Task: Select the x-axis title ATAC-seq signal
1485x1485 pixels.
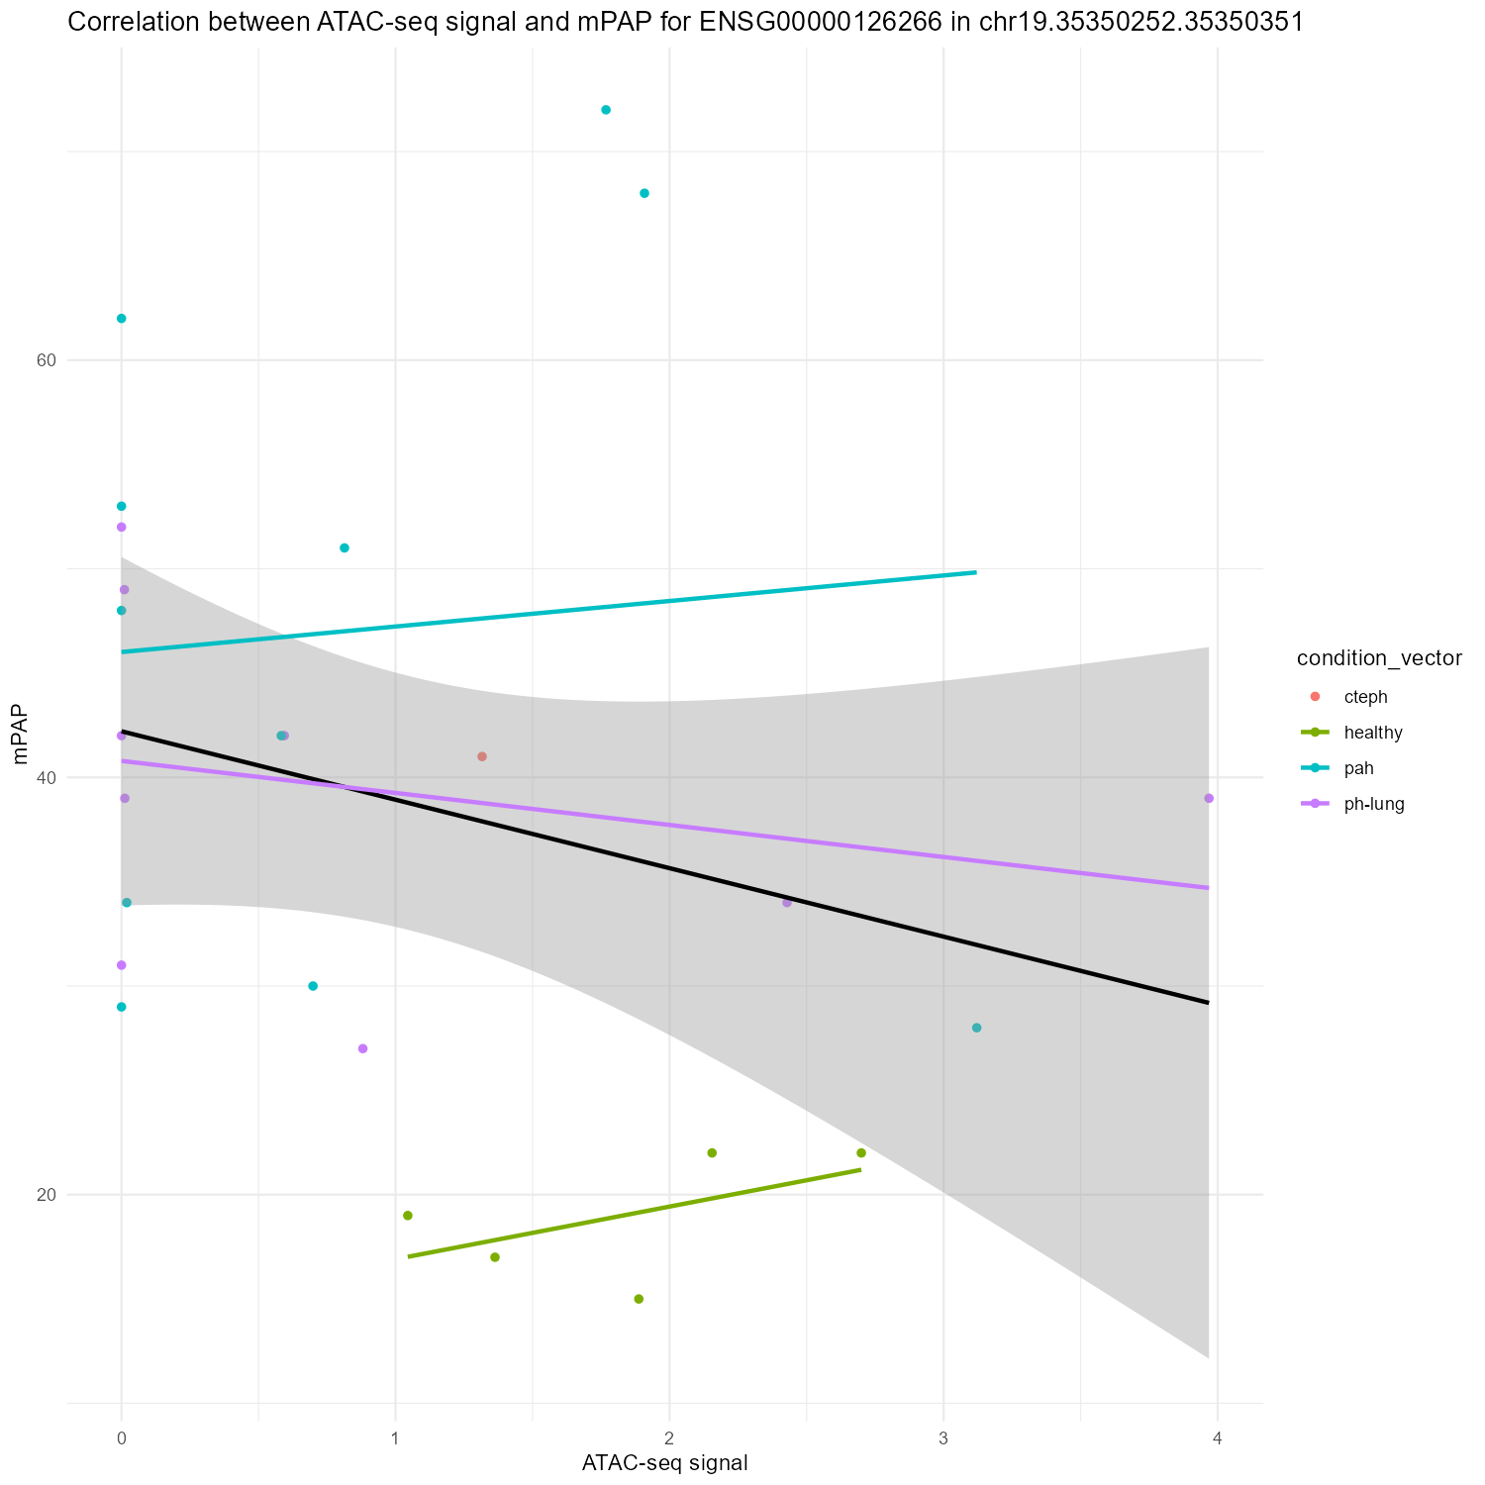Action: pos(664,1462)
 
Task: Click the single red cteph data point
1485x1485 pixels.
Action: pos(482,756)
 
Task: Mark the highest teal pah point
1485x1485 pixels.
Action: pos(606,110)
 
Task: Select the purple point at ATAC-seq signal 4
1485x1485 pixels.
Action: pos(1209,798)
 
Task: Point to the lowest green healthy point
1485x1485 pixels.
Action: pos(639,1299)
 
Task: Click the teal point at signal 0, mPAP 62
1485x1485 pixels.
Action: pos(121,319)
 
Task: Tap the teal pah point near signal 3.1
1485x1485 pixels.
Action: pos(977,1028)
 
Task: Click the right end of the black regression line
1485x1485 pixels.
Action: pos(1207,1003)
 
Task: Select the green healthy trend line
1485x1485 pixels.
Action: pos(634,1214)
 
